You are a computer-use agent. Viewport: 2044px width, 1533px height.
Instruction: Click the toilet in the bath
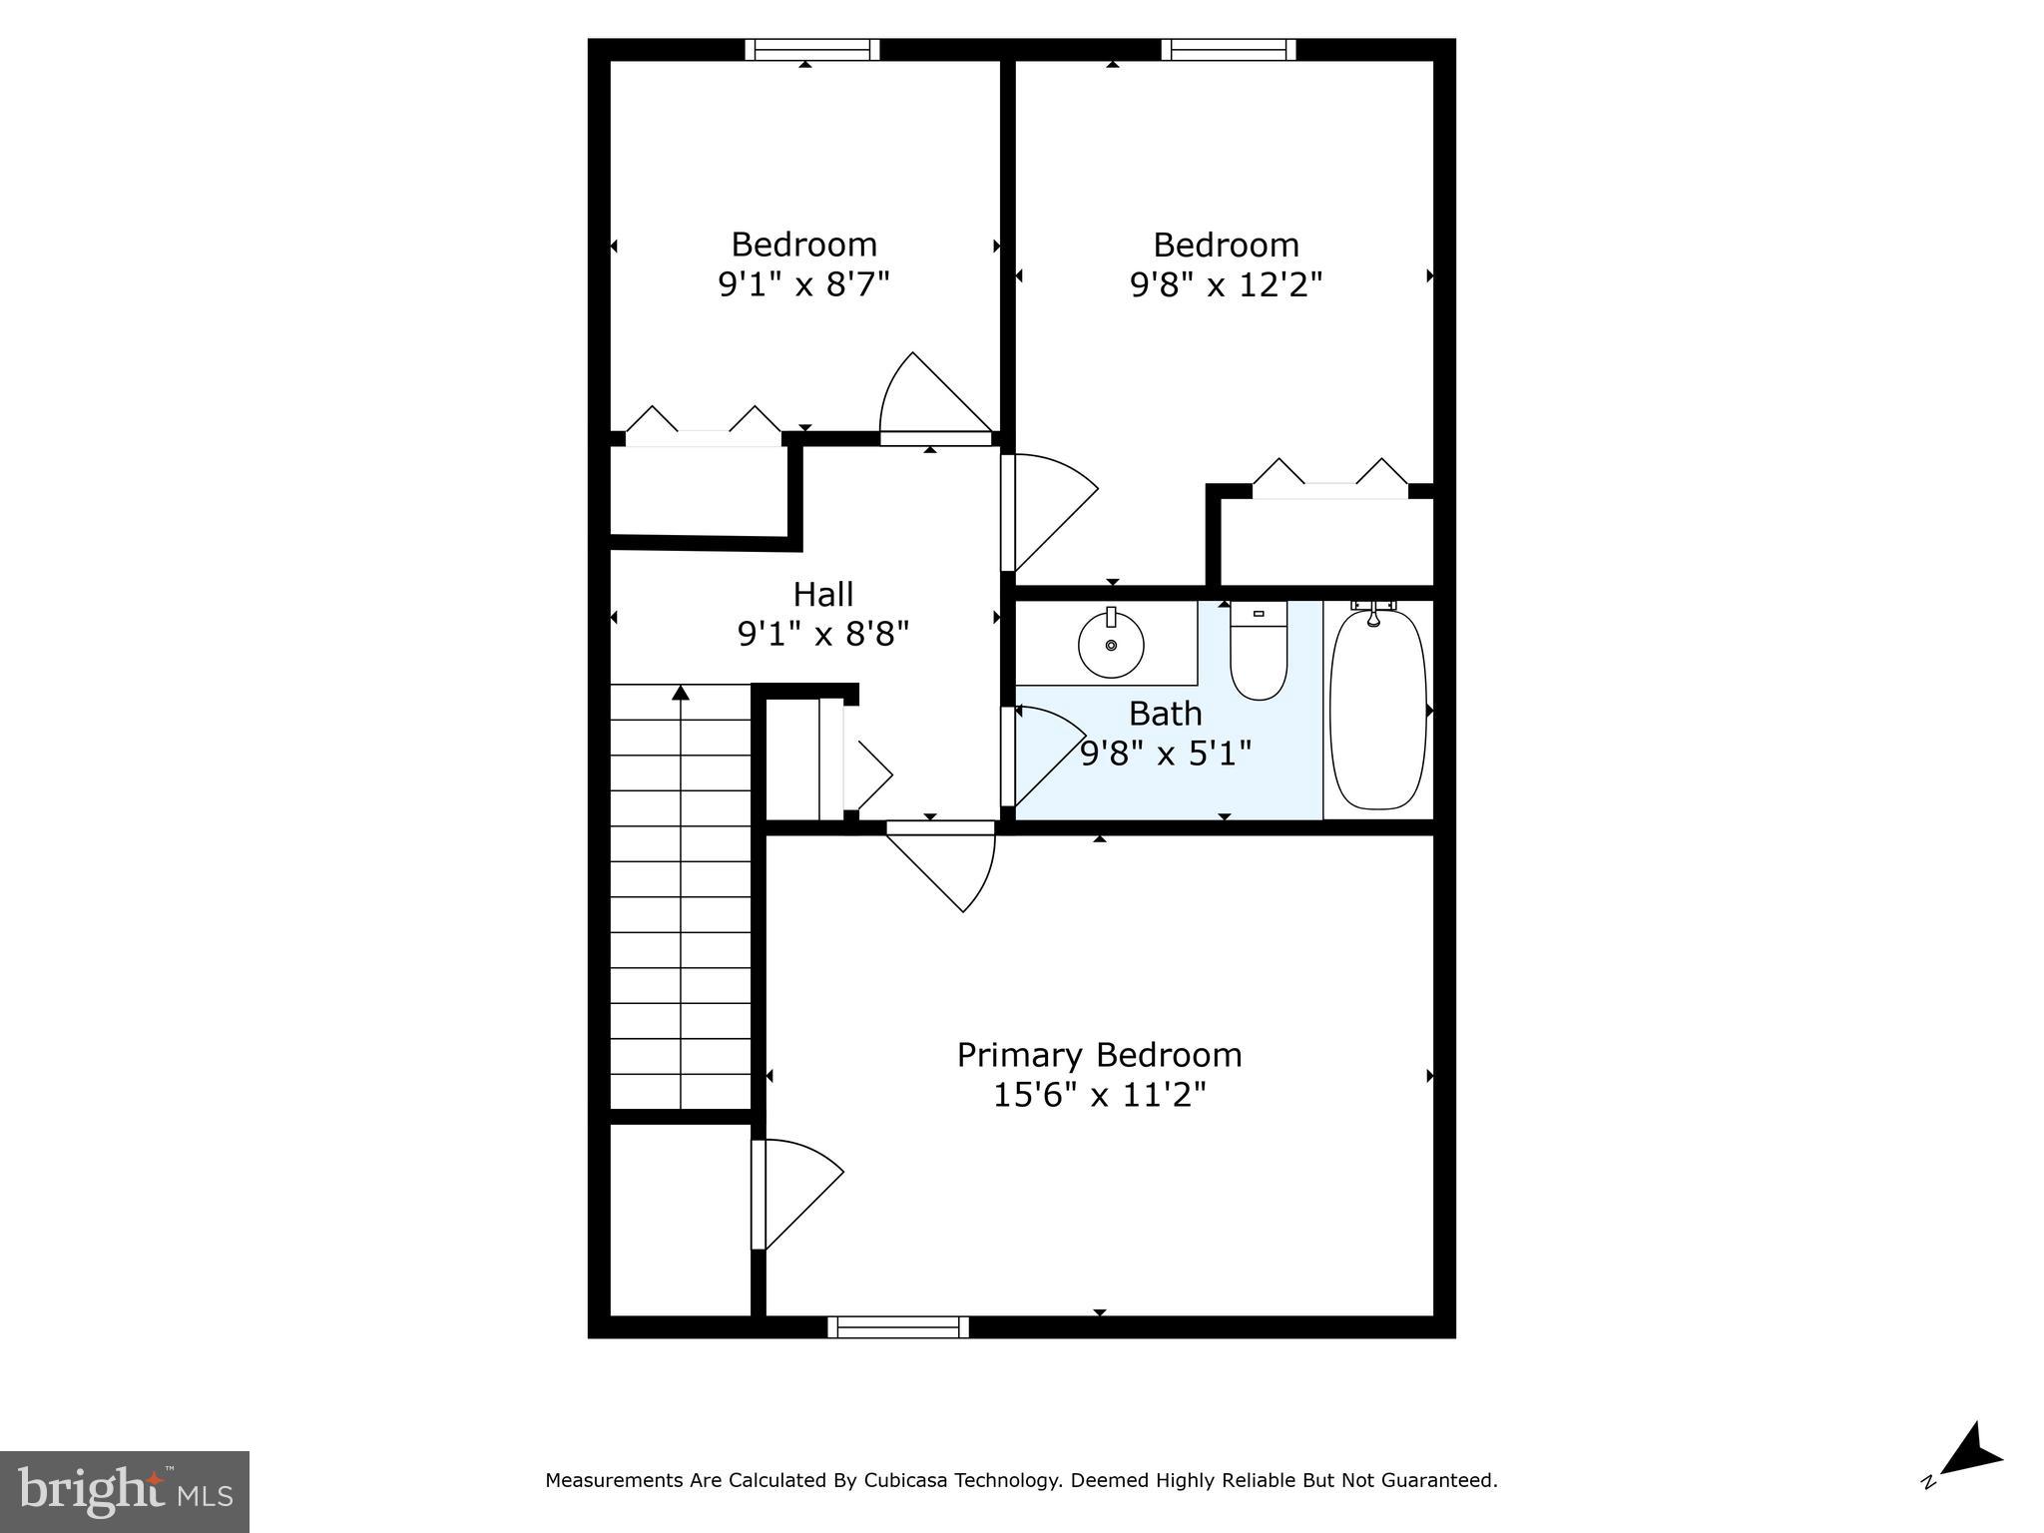point(1259,654)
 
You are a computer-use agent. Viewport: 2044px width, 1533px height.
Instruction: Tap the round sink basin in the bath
point(1111,645)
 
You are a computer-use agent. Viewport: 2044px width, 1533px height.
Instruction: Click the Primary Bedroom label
point(1099,1055)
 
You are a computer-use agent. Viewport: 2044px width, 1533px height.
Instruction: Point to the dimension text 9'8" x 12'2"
point(1226,285)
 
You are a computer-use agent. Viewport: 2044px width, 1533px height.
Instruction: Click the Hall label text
point(822,595)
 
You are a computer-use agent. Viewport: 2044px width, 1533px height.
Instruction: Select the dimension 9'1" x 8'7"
point(803,284)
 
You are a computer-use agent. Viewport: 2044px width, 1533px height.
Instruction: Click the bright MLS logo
point(125,1491)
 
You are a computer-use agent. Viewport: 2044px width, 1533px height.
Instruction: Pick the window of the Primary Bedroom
point(898,1326)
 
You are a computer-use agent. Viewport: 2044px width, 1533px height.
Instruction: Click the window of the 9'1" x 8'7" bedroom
point(812,50)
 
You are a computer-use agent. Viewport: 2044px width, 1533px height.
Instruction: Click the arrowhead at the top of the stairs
point(681,692)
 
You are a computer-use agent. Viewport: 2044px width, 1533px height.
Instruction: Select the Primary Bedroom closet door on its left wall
point(795,1194)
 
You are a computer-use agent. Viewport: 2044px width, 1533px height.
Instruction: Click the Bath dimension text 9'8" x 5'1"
point(1166,753)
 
